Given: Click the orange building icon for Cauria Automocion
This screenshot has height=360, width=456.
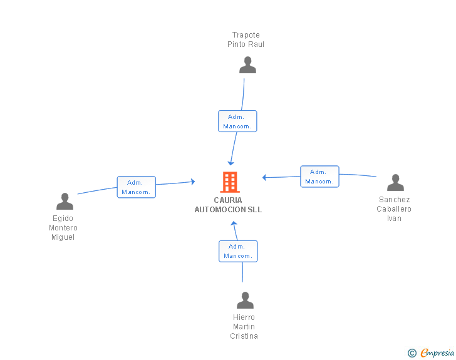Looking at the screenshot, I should click(230, 182).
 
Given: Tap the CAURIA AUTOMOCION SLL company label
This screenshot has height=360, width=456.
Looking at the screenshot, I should click(228, 205).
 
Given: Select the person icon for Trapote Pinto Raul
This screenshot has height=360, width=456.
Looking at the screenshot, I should click(248, 65).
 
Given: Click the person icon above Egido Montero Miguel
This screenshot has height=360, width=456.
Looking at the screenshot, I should click(65, 201).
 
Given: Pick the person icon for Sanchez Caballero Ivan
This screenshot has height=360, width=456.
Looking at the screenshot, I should click(395, 182).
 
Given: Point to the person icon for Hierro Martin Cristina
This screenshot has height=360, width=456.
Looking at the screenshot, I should click(245, 300).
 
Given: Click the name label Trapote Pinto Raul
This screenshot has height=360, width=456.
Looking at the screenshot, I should click(246, 39).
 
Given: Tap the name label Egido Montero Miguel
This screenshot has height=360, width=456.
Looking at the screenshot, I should click(63, 228).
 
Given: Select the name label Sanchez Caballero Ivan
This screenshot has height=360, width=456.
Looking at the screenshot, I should click(394, 209).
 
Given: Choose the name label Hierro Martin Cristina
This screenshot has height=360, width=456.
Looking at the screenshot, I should click(244, 327).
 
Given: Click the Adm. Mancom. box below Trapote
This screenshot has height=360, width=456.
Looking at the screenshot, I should click(237, 121).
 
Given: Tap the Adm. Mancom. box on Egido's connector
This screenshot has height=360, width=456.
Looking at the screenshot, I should click(136, 187).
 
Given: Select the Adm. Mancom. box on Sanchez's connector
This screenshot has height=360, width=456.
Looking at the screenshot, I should click(319, 177).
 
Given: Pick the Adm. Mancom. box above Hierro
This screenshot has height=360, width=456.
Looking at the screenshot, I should click(238, 251).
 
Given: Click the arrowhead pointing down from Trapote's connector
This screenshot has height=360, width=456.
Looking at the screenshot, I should click(231, 162).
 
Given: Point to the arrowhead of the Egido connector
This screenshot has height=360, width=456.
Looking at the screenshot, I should click(192, 182).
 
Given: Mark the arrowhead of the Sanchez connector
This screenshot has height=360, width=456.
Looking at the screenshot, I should click(265, 178).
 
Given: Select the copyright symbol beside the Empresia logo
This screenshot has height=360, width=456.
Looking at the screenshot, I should click(412, 354).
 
